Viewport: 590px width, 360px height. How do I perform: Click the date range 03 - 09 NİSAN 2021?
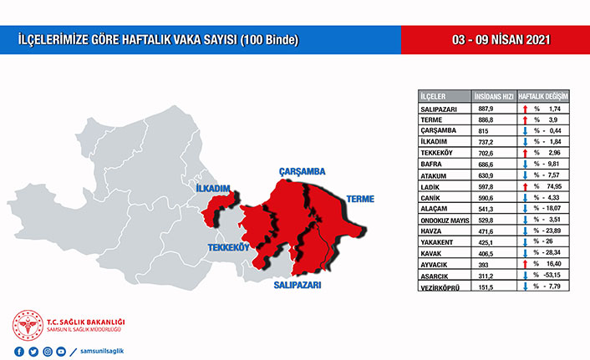[x=496, y=40]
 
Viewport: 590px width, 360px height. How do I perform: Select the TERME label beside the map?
[x=357, y=199]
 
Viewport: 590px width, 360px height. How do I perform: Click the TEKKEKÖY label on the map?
[x=229, y=248]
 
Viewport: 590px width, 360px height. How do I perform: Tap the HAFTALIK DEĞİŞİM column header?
[x=544, y=96]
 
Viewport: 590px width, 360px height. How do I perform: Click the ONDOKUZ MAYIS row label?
[x=445, y=221]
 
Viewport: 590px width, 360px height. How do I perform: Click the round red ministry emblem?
[x=27, y=327]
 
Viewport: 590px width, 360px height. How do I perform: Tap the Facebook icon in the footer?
[x=18, y=351]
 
